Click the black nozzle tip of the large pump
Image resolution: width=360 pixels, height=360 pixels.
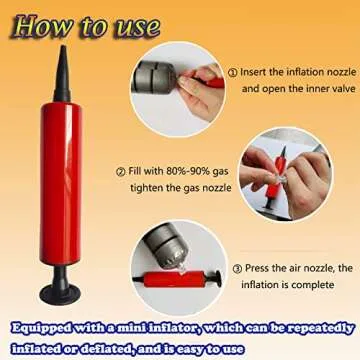pyautogui.click(x=61, y=62)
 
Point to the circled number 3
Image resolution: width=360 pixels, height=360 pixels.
pyautogui.click(x=236, y=269)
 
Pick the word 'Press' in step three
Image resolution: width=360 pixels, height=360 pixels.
pyautogui.click(x=260, y=269)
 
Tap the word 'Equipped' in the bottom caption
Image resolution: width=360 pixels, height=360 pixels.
pyautogui.click(x=43, y=326)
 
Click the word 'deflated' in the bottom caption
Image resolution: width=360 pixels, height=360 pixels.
pyautogui.click(x=117, y=345)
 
